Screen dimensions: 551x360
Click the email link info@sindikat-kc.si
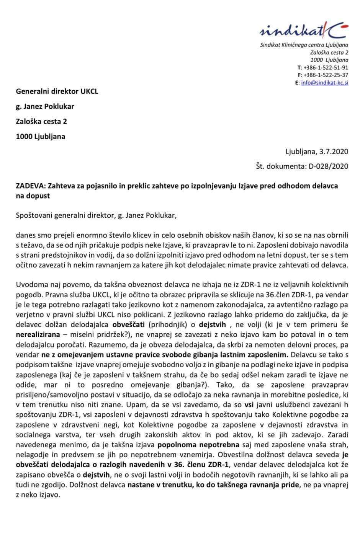coord(325,83)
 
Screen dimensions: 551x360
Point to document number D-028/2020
coord(328,166)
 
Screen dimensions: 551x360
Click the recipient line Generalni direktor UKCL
coord(57,91)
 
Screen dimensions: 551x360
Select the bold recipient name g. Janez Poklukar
coord(45,106)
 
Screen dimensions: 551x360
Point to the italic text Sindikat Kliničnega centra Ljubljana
coord(304,45)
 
